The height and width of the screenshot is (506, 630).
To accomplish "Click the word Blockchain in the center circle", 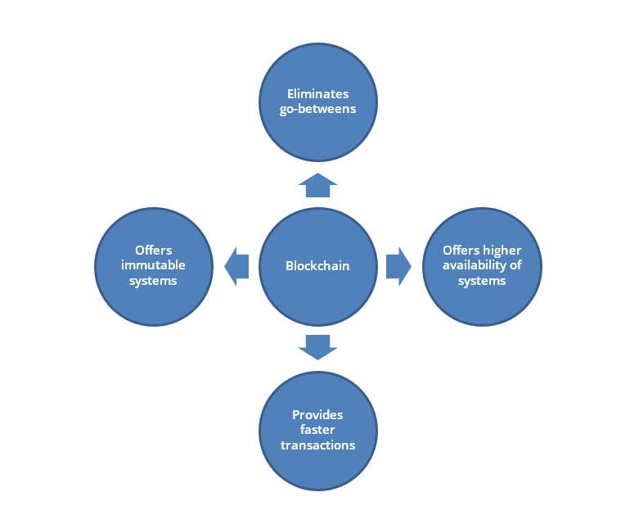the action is pyautogui.click(x=317, y=266).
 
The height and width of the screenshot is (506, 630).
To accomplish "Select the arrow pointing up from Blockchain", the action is pyautogui.click(x=317, y=185).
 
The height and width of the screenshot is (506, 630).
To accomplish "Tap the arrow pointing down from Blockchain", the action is pyautogui.click(x=317, y=347).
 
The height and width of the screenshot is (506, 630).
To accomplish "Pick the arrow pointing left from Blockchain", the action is pyautogui.click(x=236, y=267).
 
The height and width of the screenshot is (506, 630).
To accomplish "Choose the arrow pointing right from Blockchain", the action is pyautogui.click(x=398, y=267).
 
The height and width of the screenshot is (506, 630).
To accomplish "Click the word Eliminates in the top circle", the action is pyautogui.click(x=317, y=93).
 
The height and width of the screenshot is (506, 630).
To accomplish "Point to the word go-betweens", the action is pyautogui.click(x=317, y=109).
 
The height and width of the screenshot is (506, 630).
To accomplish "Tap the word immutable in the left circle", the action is pyautogui.click(x=153, y=265).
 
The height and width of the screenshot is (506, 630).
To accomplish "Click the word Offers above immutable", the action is pyautogui.click(x=154, y=251).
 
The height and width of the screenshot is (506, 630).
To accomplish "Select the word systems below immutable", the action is pyautogui.click(x=153, y=281).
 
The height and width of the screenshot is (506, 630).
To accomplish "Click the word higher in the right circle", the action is pyautogui.click(x=502, y=251).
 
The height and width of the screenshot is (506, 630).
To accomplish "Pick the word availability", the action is pyautogui.click(x=474, y=265).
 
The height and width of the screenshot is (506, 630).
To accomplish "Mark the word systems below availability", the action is pyautogui.click(x=482, y=281).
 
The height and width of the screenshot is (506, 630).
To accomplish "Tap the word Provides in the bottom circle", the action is pyautogui.click(x=317, y=414).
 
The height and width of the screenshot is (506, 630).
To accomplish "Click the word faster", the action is pyautogui.click(x=317, y=430).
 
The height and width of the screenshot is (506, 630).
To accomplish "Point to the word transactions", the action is pyautogui.click(x=317, y=445).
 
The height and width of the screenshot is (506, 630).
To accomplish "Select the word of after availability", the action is pyautogui.click(x=515, y=265).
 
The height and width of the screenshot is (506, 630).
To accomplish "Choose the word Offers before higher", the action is pyautogui.click(x=461, y=251).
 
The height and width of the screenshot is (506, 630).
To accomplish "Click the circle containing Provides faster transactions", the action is pyautogui.click(x=317, y=431).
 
